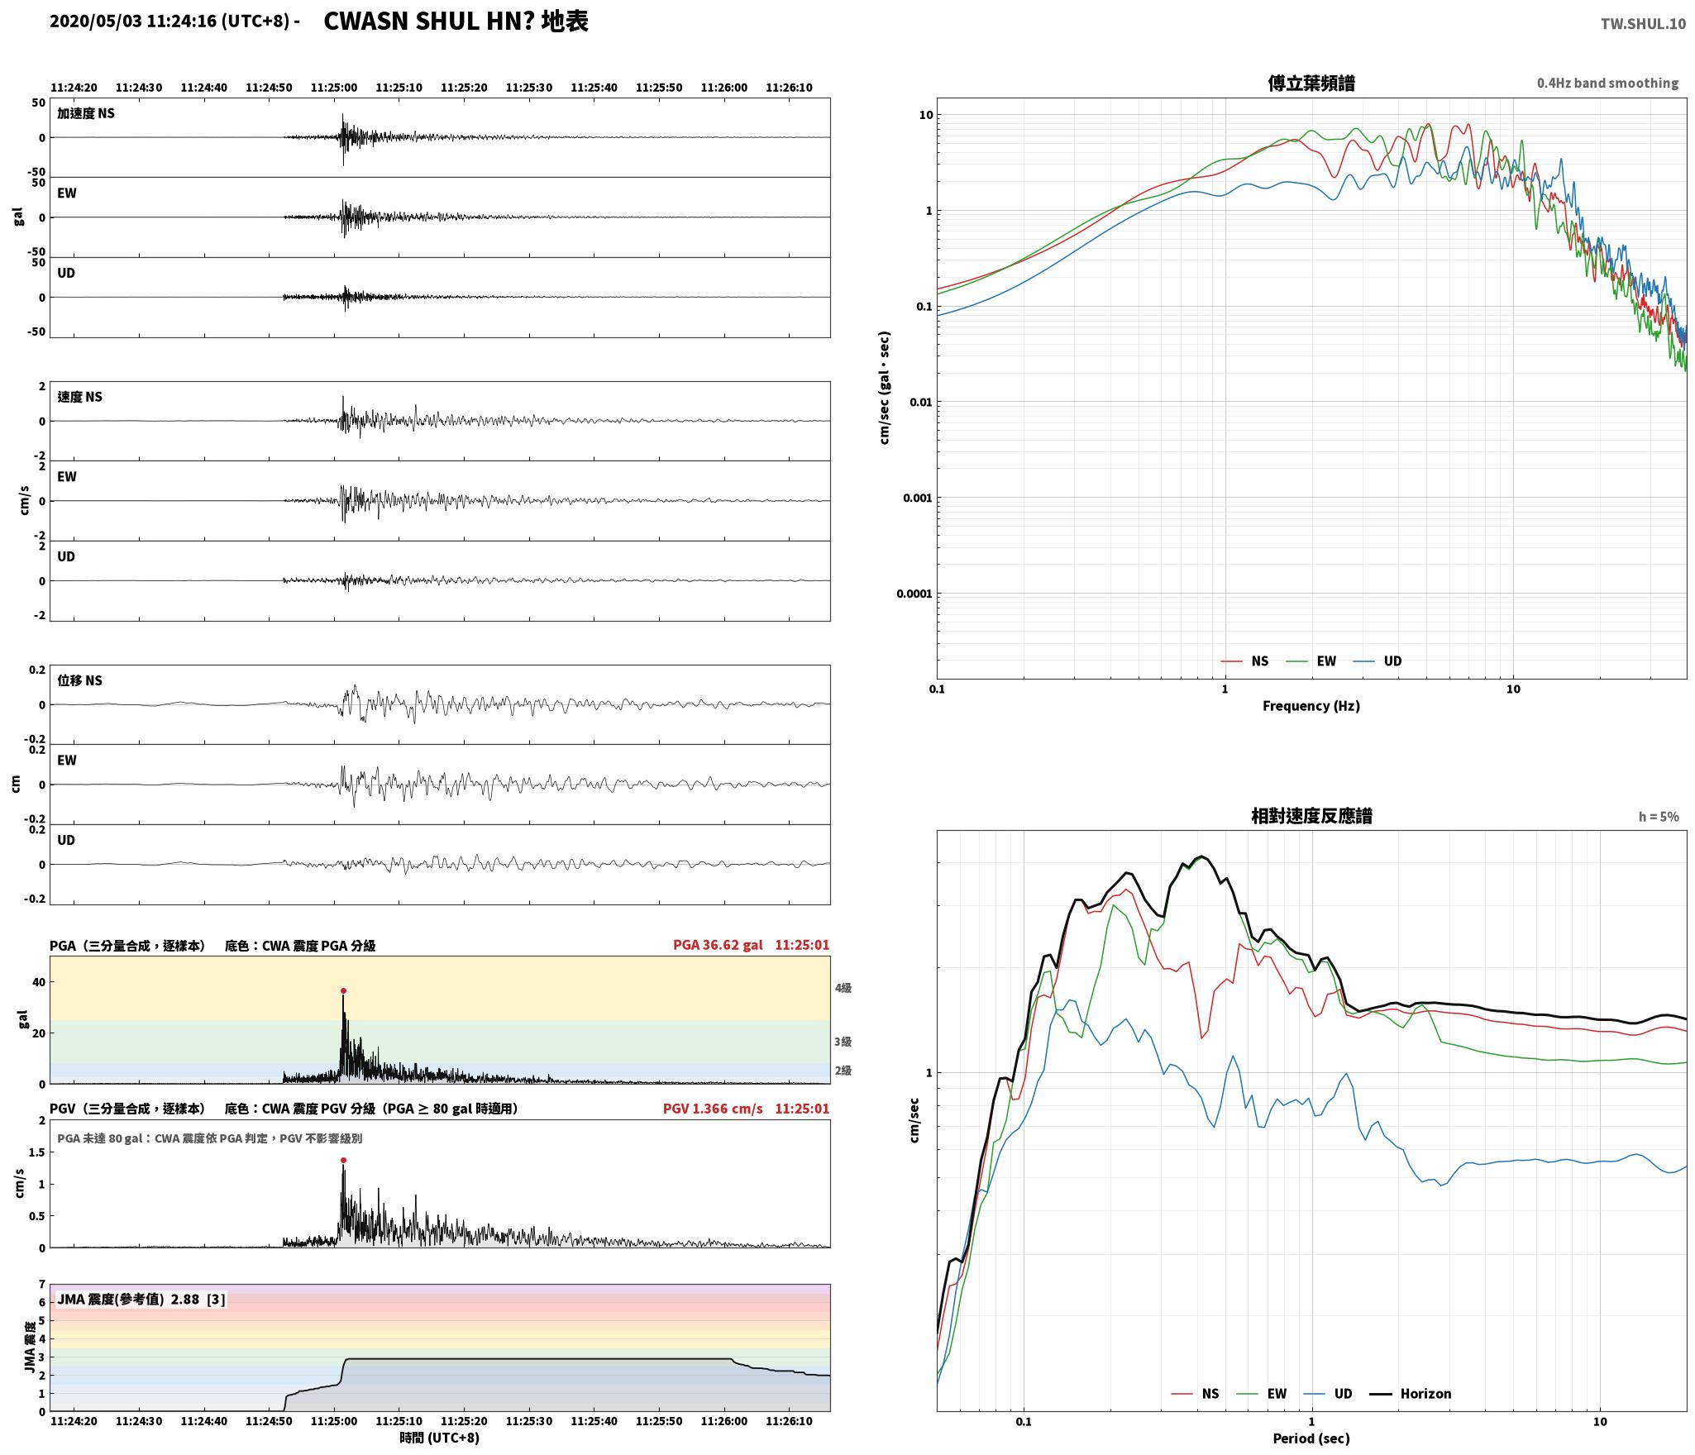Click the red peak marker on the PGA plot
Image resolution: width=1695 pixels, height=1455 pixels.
pos(343,990)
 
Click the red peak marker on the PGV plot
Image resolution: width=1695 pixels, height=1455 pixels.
pos(343,1160)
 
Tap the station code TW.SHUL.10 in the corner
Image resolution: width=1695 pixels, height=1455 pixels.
pos(1643,23)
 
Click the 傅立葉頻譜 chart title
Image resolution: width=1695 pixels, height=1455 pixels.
pos(1311,83)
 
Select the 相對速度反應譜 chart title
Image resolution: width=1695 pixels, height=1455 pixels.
pos(1311,816)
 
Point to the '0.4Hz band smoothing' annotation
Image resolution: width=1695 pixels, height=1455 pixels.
pos(1607,83)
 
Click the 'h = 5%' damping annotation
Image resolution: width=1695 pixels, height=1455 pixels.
pos(1659,817)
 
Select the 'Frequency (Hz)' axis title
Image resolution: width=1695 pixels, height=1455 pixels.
pos(1311,705)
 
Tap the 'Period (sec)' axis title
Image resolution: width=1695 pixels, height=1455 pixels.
pos(1311,1438)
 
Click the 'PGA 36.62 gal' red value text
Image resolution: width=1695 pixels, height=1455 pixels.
pos(718,945)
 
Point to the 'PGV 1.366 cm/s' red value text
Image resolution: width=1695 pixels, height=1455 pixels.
pos(713,1109)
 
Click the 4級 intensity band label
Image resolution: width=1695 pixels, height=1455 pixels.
pos(843,988)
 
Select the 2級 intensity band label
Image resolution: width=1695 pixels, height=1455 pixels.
pos(843,1071)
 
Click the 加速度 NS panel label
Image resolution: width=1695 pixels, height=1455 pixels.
pos(86,113)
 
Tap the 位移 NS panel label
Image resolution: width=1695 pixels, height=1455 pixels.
pos(80,680)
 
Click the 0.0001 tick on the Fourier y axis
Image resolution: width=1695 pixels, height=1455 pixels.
pos(914,594)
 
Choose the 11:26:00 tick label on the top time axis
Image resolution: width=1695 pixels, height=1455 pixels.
pos(723,88)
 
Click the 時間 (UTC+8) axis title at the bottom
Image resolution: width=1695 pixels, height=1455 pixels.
pos(439,1438)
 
